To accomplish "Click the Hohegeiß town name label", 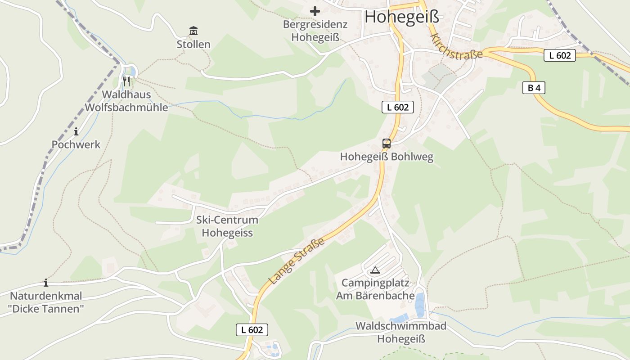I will tap(401, 17).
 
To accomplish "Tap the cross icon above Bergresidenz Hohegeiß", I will tap(315, 11).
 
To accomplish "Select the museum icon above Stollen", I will tap(193, 31).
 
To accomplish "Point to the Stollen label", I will tap(193, 44).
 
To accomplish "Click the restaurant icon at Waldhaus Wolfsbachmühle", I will tap(126, 81).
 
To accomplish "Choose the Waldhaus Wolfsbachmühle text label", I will tap(126, 101).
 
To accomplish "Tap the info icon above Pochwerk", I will tap(76, 131).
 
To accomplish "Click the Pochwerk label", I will tap(76, 144).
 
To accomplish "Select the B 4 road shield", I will tap(534, 88).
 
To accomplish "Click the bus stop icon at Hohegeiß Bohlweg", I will tap(387, 144).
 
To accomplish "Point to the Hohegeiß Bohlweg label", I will tap(387, 157).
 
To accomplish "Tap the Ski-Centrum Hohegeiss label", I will tap(227, 226).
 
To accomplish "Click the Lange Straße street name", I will tap(297, 261).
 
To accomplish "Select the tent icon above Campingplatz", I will tap(375, 270).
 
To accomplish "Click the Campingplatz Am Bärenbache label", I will tap(375, 289).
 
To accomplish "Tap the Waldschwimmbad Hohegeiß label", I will tap(401, 332).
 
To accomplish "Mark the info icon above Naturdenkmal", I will tap(46, 283).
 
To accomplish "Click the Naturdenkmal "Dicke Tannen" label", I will tap(46, 302).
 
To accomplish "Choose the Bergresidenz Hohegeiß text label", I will tap(315, 31).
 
